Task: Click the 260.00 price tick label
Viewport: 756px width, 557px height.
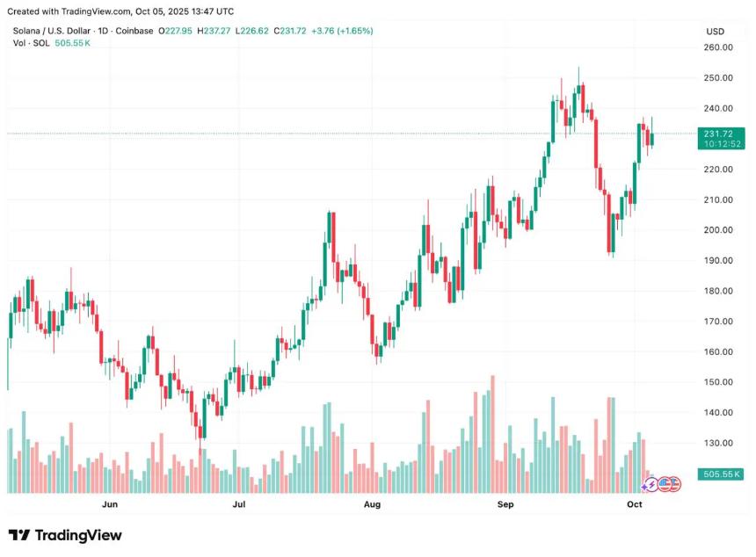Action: [719, 47]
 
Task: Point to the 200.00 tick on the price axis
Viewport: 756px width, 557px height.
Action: [719, 230]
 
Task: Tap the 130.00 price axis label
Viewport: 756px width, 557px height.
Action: [719, 444]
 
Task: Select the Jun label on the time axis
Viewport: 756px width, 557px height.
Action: [110, 505]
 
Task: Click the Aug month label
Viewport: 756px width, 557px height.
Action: [372, 505]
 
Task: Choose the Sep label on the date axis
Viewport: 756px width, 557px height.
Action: [505, 505]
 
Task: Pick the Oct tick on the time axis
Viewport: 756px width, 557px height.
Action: [635, 505]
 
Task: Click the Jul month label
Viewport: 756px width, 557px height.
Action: [238, 505]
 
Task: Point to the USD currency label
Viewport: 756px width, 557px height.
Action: [715, 32]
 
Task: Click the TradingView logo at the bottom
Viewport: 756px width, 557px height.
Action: [65, 535]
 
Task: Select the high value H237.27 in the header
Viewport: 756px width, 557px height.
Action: [214, 31]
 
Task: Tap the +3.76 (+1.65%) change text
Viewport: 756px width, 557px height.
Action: [338, 31]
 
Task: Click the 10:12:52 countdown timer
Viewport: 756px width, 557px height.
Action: [718, 144]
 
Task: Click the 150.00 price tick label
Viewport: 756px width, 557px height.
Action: [719, 382]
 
